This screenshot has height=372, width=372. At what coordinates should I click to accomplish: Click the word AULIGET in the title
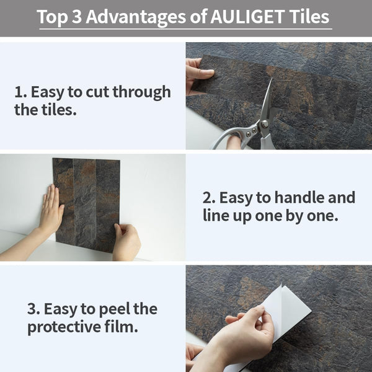247,17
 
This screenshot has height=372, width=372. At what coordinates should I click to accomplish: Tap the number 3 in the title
77,17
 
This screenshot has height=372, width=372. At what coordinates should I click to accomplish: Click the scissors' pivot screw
264,124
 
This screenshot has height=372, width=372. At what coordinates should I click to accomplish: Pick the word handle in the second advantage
294,198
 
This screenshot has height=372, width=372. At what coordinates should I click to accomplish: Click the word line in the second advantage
216,216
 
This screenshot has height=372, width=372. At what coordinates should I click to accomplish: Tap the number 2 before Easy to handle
208,198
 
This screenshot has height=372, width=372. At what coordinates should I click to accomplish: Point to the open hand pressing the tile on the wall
51,211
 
